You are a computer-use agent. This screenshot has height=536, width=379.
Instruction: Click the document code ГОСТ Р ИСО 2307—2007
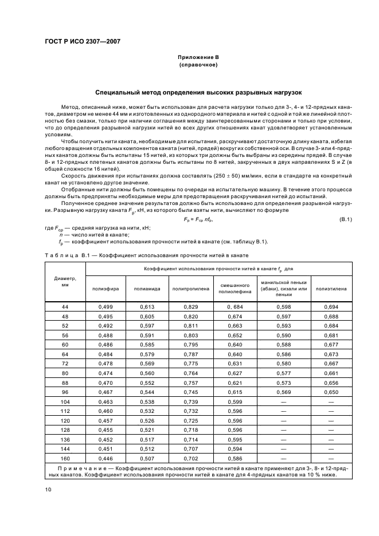pos(83,41)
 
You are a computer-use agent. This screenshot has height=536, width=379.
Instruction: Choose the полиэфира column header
pos(106,289)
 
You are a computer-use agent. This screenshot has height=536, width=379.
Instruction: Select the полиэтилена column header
pos(331,289)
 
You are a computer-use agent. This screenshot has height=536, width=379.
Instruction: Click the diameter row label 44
pos(65,308)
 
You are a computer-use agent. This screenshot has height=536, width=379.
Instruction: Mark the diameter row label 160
pos(65,459)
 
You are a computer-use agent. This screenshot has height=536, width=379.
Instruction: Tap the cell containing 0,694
pos(331,308)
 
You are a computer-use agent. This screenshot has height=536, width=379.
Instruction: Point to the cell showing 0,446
pos(106,459)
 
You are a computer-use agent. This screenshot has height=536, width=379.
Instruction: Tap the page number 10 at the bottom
pos(48,489)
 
